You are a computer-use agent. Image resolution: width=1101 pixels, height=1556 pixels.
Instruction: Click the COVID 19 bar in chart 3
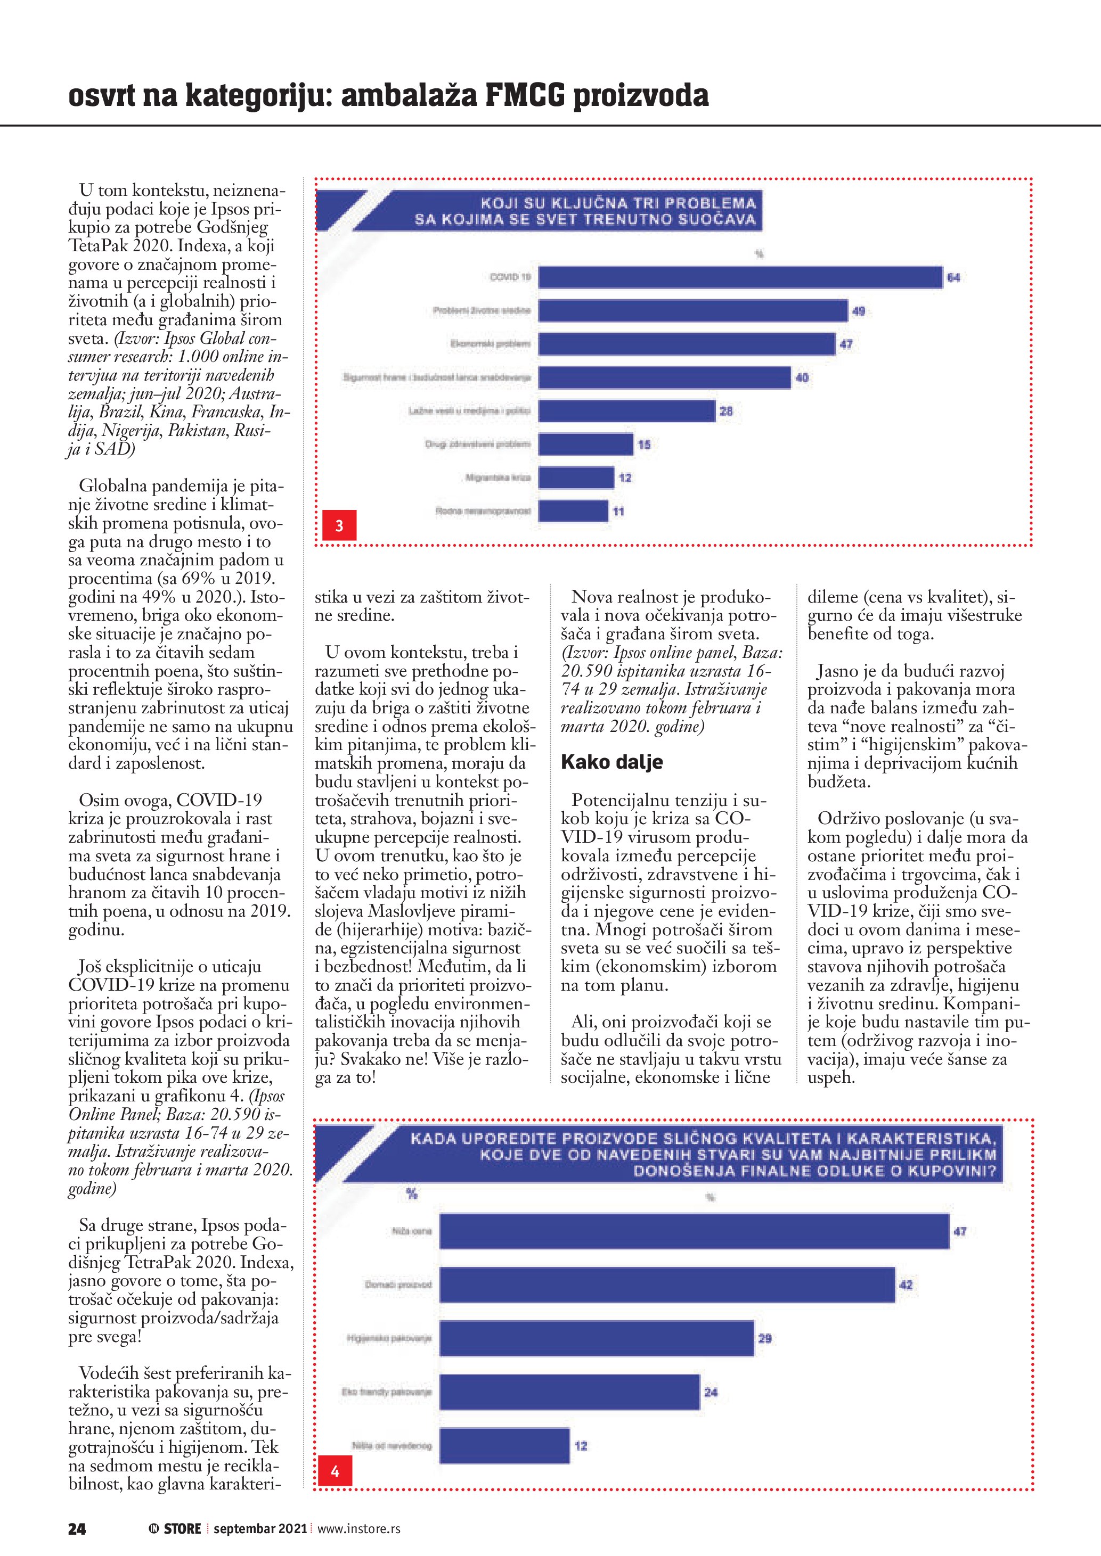740,277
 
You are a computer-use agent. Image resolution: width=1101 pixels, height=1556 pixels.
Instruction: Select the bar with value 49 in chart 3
693,310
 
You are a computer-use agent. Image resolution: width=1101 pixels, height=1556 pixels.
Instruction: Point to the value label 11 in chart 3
618,512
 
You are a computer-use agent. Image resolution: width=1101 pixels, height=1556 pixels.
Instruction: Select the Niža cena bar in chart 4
694,1231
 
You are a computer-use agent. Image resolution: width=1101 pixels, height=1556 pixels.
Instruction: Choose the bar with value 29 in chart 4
597,1338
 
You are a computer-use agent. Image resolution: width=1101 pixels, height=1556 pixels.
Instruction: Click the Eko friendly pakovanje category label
386,1392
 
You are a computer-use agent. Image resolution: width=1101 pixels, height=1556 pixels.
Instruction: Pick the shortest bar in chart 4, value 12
504,1445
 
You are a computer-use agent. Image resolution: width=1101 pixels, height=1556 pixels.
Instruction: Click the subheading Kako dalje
611,762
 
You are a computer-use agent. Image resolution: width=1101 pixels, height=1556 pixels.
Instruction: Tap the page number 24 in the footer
77,1528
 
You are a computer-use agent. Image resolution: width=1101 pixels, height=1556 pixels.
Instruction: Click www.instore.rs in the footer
358,1529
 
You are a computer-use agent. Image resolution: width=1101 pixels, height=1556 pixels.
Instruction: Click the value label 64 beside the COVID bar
953,278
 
